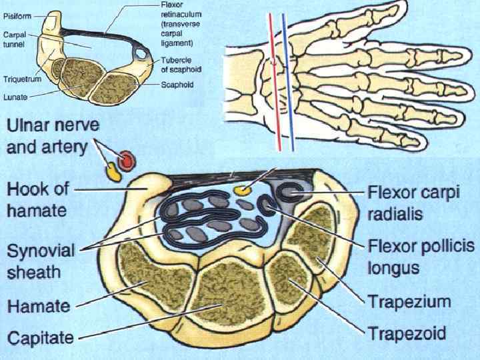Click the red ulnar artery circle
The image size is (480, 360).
coord(125,160)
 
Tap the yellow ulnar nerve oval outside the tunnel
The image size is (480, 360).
coord(112,172)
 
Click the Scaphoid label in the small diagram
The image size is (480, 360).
coord(177,85)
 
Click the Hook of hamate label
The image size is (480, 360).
coord(37,199)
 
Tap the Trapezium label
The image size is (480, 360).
coord(409,301)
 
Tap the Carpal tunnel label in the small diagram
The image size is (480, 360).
coord(14,40)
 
